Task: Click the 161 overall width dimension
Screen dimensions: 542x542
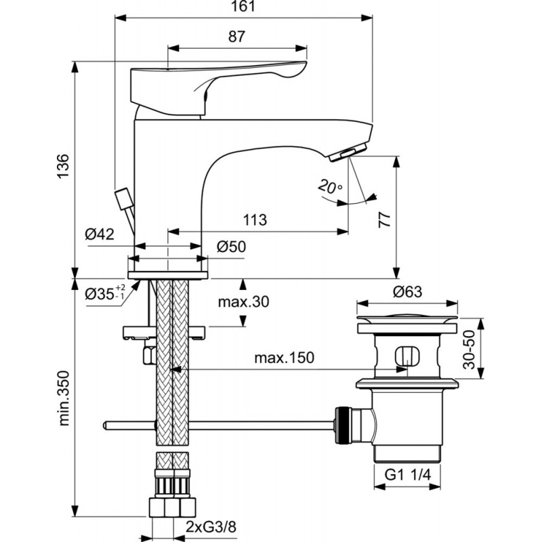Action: click(244, 6)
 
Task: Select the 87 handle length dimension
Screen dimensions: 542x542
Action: click(236, 37)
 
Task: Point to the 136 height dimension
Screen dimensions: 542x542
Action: click(63, 166)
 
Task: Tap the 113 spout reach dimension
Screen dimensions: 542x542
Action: click(255, 220)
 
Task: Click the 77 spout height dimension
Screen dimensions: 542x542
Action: click(384, 220)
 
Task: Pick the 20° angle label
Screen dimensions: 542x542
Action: click(330, 187)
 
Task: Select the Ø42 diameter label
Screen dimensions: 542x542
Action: click(100, 234)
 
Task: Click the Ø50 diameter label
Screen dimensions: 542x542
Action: click(231, 247)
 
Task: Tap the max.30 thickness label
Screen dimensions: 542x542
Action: click(243, 302)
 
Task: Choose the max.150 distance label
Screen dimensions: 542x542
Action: click(284, 358)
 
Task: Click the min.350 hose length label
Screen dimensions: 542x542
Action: click(64, 398)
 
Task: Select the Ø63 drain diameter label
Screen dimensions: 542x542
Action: click(408, 292)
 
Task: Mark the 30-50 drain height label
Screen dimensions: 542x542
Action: click(469, 350)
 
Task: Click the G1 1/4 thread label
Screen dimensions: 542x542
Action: click(408, 475)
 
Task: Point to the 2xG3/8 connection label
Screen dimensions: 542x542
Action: click(211, 528)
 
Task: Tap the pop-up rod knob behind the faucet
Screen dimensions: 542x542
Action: click(122, 199)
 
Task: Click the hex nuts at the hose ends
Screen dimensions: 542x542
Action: click(172, 507)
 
